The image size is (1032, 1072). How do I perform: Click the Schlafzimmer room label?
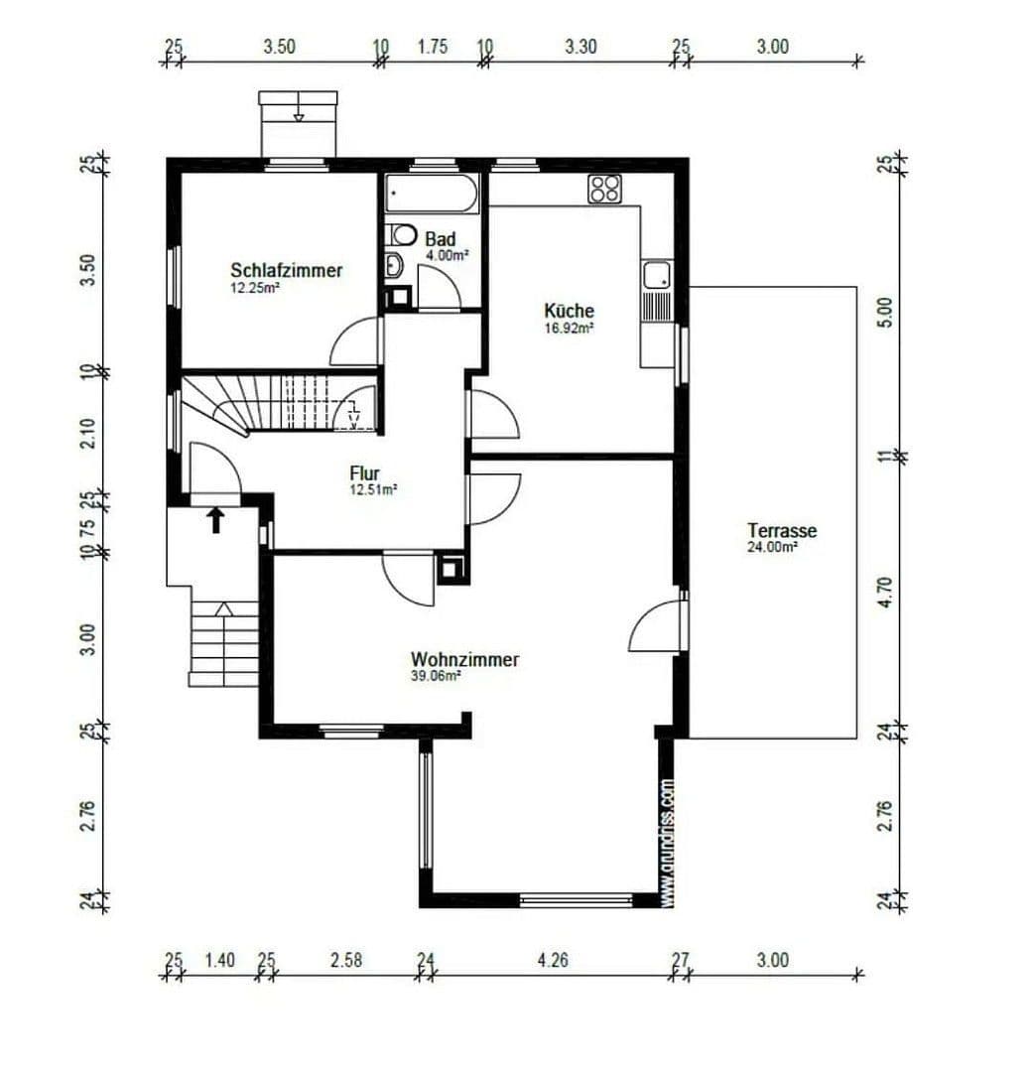(x=287, y=270)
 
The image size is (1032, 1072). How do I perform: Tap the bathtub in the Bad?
(x=433, y=193)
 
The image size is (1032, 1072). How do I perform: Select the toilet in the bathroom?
(x=402, y=235)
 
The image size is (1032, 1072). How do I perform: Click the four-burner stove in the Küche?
(x=604, y=189)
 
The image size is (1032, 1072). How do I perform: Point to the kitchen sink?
(x=657, y=275)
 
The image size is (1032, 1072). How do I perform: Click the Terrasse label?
(x=782, y=530)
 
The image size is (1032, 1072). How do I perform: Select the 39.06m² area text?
(x=438, y=676)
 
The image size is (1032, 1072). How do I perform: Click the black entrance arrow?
(x=215, y=519)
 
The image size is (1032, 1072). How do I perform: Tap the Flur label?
(x=364, y=473)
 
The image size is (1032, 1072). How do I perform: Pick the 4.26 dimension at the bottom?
(x=554, y=960)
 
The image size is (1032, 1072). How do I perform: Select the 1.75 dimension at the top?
(x=432, y=46)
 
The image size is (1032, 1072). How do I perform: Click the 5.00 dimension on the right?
(x=888, y=312)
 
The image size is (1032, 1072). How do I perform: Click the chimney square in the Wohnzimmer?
(x=451, y=570)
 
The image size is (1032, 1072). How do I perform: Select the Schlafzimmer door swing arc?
(x=353, y=342)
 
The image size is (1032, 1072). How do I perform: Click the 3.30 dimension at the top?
(x=580, y=46)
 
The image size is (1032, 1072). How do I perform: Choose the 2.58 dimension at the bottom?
(x=345, y=960)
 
